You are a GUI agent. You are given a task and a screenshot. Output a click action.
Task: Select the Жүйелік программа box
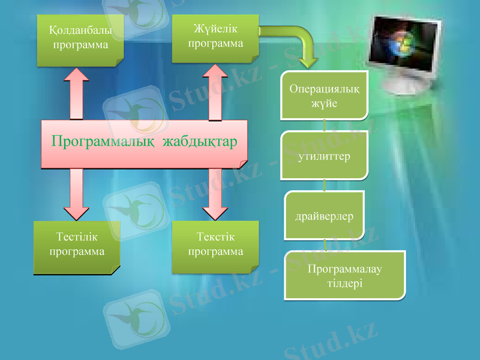tap(215, 38)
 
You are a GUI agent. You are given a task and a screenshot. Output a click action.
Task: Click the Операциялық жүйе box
tap(325, 96)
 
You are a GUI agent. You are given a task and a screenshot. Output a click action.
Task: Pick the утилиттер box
tap(325, 156)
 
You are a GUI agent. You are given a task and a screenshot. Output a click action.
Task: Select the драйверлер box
tap(325, 214)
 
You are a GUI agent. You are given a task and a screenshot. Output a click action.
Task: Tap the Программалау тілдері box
tap(344, 275)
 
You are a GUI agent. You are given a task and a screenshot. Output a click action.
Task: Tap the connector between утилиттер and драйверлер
tap(325, 185)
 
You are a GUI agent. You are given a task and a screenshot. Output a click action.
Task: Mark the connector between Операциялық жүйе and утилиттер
tap(325, 125)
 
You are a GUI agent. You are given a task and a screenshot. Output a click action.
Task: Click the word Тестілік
tap(77, 239)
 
